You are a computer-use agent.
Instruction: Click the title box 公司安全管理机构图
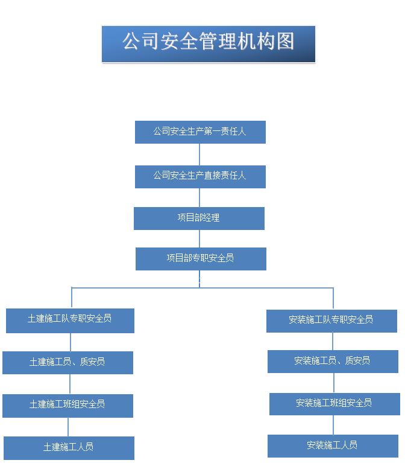[209, 44]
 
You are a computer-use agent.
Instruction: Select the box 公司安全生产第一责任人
[200, 132]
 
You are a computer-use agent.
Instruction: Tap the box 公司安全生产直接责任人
[200, 177]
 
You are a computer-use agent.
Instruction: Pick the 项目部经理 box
[199, 218]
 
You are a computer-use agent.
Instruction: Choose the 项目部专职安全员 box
[201, 259]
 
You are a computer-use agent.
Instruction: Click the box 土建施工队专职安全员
[70, 321]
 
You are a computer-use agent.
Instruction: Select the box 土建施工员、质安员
[67, 363]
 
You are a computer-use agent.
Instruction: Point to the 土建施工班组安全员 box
[67, 406]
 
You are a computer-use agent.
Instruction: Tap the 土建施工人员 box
[69, 448]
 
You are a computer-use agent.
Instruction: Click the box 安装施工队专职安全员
[331, 321]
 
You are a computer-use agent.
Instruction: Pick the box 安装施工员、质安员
[333, 362]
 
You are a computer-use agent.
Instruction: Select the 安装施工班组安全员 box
[334, 404]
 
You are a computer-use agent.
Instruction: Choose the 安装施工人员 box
[333, 446]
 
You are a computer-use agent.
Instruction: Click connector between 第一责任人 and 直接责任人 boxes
[199, 155]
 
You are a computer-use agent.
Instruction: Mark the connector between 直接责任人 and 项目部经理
[199, 197]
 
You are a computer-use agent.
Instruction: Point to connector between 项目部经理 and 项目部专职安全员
[199, 238]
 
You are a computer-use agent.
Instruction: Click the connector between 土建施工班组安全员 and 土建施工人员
[68, 427]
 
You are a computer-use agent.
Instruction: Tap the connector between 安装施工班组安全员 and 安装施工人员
[333, 425]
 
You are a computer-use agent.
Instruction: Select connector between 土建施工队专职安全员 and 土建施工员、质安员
[71, 342]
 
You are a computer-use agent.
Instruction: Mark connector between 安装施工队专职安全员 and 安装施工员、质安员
[333, 341]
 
